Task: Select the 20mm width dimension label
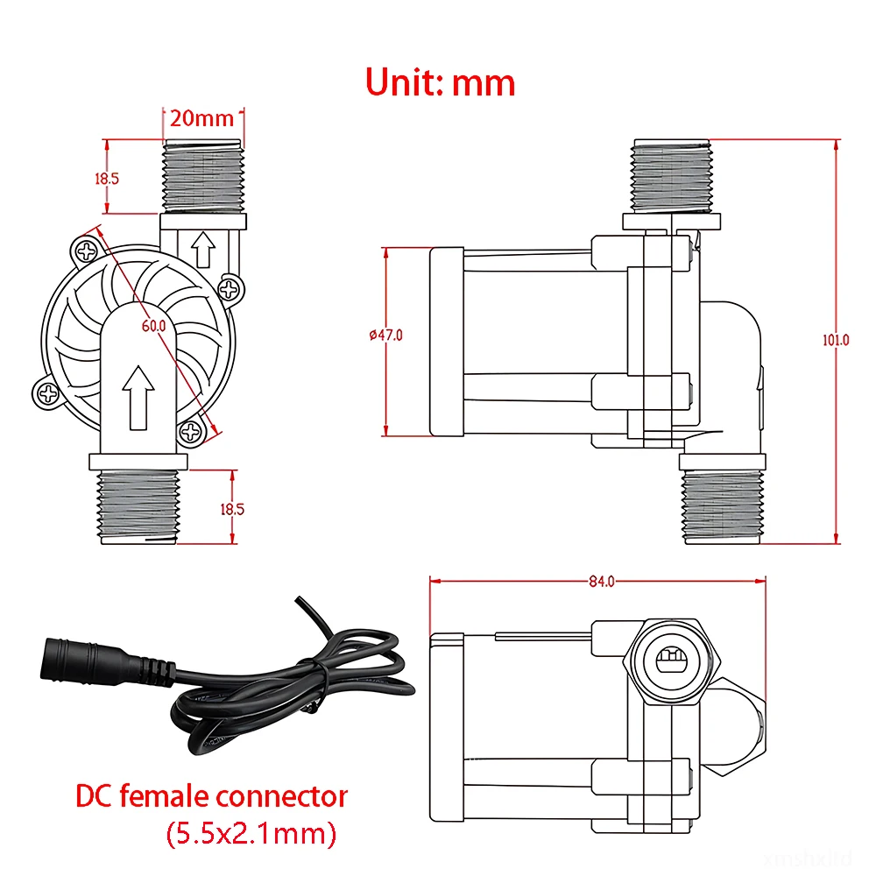tap(203, 117)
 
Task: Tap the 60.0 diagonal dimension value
tap(154, 325)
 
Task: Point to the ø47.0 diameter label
tap(385, 334)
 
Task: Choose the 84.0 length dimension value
tap(602, 581)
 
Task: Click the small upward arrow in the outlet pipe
tap(204, 250)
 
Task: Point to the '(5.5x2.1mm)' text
tap(251, 833)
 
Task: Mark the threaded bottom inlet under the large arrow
tap(138, 507)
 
